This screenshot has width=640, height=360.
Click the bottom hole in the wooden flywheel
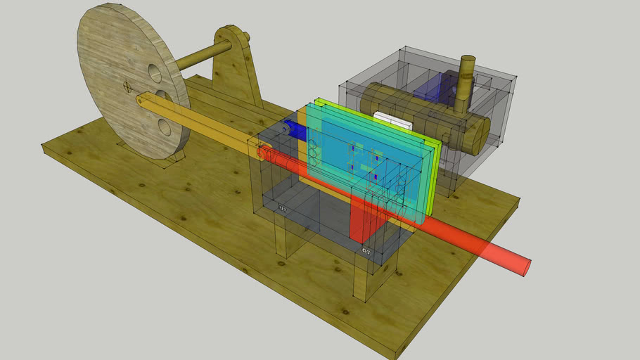[x=165, y=127]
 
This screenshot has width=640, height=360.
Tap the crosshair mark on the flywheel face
[x=127, y=87]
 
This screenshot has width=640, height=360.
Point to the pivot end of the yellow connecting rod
[x=143, y=101]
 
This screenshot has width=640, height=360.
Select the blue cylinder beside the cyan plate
[x=294, y=131]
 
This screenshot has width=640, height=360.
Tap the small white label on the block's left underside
[x=283, y=209]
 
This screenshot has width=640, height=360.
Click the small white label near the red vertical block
[x=366, y=250]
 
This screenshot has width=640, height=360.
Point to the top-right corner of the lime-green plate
[x=440, y=140]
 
